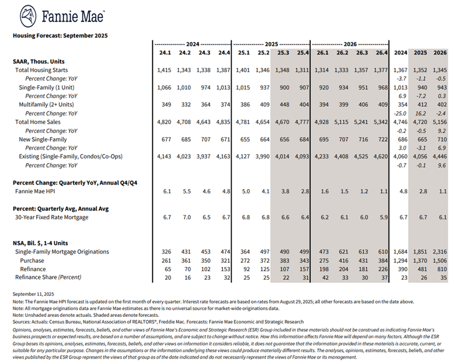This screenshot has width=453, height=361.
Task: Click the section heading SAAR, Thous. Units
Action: click(x=38, y=60)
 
